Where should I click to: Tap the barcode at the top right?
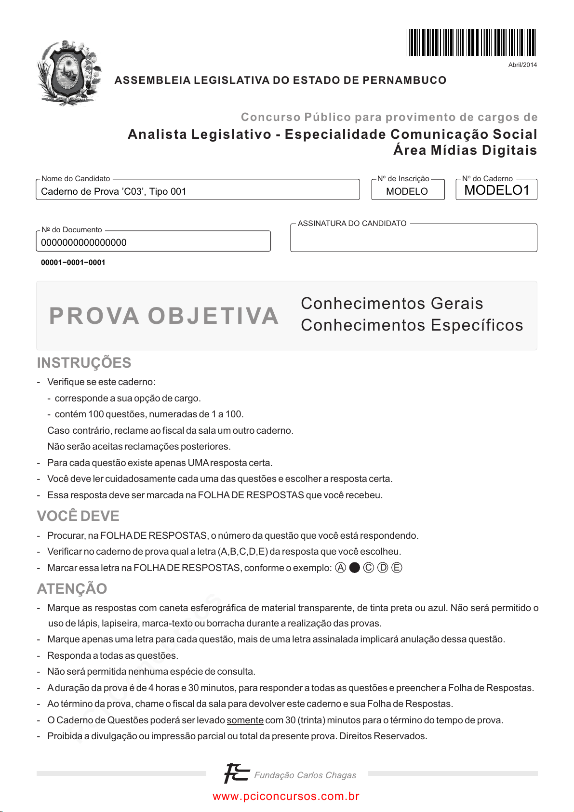470,42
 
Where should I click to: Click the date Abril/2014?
522,65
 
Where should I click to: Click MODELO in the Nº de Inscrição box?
407,191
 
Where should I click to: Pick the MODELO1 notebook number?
496,190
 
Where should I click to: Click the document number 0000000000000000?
84,242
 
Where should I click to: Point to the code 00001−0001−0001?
73,263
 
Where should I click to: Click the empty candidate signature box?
413,240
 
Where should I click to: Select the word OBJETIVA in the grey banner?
213,316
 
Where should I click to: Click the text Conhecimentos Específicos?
412,325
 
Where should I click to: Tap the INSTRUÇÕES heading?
84,363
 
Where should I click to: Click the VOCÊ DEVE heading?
78,516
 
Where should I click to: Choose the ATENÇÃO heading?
72,589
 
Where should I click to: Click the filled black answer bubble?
354,568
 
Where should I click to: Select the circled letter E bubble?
397,568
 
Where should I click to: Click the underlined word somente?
245,720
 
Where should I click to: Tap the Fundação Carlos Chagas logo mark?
236,773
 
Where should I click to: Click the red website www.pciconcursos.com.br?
286,797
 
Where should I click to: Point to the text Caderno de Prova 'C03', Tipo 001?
114,191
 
